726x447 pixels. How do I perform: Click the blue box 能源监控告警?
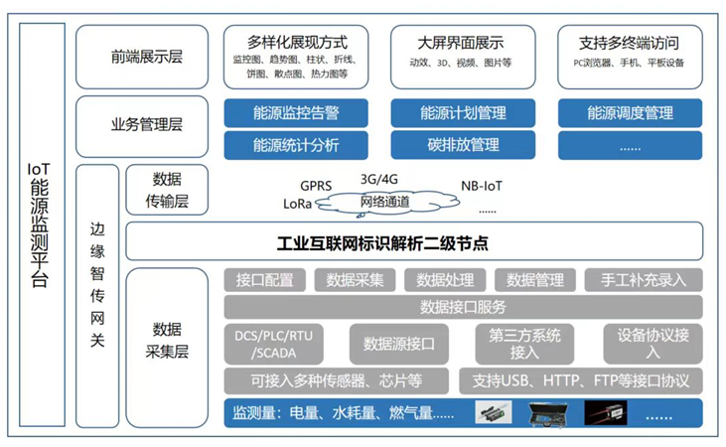(296, 113)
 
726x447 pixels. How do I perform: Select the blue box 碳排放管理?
(463, 145)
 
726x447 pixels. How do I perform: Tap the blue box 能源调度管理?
(630, 113)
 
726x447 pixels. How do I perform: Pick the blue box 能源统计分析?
(296, 145)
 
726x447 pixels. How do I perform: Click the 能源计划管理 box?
(463, 113)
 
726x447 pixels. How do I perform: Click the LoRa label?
(298, 204)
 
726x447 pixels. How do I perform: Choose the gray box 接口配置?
(265, 280)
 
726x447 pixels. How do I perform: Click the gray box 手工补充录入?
(643, 280)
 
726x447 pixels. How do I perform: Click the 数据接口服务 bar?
(463, 307)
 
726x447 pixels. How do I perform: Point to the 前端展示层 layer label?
(147, 58)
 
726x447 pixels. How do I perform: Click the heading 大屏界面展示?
(462, 43)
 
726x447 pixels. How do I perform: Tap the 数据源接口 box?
(397, 344)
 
